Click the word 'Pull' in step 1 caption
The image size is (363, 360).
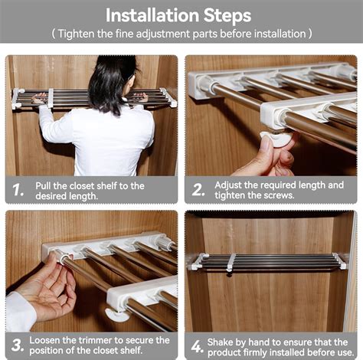click(x=45, y=185)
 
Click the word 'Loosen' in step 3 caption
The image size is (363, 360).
click(x=47, y=339)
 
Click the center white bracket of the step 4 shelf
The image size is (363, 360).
click(x=231, y=262)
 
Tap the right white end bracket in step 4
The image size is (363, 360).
click(x=339, y=261)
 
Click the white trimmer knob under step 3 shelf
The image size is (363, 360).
click(x=117, y=314)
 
